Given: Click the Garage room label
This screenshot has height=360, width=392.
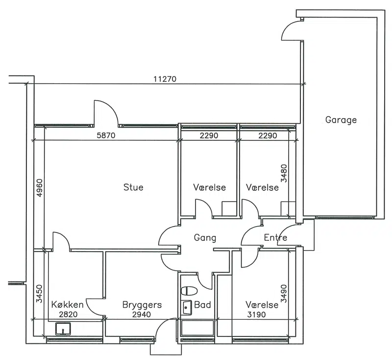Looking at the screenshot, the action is pyautogui.click(x=341, y=120).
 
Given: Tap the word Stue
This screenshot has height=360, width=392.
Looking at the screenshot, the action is pyautogui.click(x=133, y=187).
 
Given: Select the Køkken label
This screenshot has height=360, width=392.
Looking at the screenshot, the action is pyautogui.click(x=67, y=305).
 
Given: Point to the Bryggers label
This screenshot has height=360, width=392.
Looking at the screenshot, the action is pyautogui.click(x=142, y=305).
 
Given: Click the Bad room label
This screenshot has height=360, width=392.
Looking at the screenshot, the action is pyautogui.click(x=202, y=305).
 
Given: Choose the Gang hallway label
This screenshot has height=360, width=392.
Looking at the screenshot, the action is pyautogui.click(x=205, y=238).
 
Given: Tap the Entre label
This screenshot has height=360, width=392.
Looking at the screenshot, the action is pyautogui.click(x=275, y=237).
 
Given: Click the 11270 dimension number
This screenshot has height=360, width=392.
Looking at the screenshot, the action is pyautogui.click(x=165, y=79).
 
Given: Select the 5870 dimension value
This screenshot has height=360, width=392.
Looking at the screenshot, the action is pyautogui.click(x=106, y=135).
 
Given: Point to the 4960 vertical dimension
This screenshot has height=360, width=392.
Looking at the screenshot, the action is pyautogui.click(x=40, y=188).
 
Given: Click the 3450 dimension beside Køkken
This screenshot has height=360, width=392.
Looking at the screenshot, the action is pyautogui.click(x=40, y=294).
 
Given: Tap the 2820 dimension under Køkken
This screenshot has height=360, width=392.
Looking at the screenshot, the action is pyautogui.click(x=68, y=314).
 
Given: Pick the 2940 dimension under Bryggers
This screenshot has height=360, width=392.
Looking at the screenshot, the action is pyautogui.click(x=142, y=314).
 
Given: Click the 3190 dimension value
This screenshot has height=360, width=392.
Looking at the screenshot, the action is pyautogui.click(x=256, y=314).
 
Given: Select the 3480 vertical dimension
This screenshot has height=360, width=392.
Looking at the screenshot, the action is pyautogui.click(x=284, y=173).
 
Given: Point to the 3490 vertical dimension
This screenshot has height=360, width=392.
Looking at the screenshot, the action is pyautogui.click(x=284, y=293).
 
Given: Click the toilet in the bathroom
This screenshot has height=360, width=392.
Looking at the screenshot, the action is pyautogui.click(x=189, y=291).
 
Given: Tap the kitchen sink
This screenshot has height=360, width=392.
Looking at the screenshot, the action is pyautogui.click(x=63, y=329).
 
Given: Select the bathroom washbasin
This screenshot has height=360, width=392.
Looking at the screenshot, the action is pyautogui.click(x=187, y=307).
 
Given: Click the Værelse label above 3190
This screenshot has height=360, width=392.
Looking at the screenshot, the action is pyautogui.click(x=262, y=305).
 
